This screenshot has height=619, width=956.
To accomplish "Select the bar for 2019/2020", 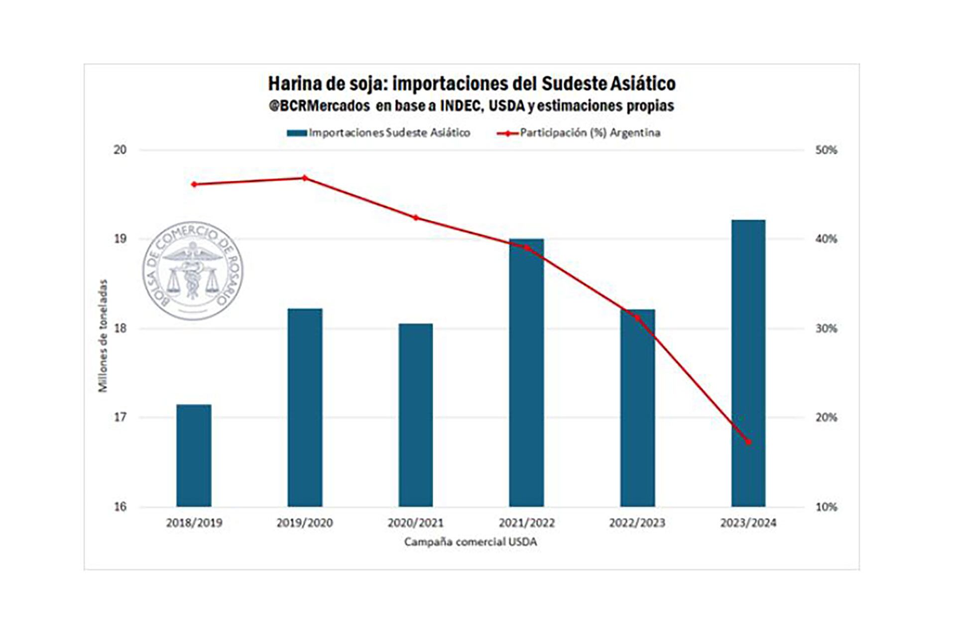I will tap(305, 408).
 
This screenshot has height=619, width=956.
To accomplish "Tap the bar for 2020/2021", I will tap(416, 415).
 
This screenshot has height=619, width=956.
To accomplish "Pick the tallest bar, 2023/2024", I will tap(748, 363).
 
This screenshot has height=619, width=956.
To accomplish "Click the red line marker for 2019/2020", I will tap(305, 178).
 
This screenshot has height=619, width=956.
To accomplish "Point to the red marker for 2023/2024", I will tap(748, 442).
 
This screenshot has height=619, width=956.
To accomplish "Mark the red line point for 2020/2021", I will tap(416, 217).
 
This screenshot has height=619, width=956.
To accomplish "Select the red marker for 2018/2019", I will tap(194, 185).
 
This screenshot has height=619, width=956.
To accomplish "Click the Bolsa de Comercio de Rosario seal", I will tap(193, 271).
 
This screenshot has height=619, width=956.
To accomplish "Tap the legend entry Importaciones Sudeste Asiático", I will tap(378, 133).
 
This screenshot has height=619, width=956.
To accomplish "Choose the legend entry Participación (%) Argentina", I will tap(579, 133).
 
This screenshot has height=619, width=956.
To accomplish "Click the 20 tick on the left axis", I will tap(120, 150).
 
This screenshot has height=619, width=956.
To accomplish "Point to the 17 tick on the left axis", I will tap(120, 417).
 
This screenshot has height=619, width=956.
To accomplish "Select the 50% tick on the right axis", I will tap(826, 150).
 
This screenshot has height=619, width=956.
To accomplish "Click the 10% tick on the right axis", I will tap(826, 507).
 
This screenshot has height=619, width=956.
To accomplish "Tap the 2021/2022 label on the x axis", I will tap(527, 523).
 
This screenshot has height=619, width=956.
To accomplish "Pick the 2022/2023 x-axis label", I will tap(637, 523).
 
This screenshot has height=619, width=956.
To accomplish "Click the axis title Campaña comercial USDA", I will tap(471, 542).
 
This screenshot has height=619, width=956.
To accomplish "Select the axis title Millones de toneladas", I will tap(103, 336).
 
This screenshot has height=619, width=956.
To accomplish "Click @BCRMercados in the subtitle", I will tap(319, 106).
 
